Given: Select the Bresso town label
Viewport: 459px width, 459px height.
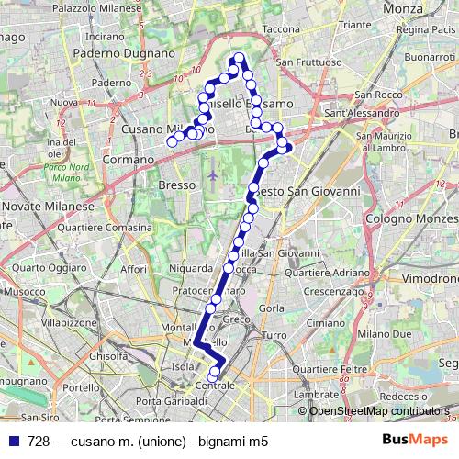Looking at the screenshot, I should tap(176, 185).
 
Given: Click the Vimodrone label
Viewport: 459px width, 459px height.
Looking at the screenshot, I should tap(430, 277).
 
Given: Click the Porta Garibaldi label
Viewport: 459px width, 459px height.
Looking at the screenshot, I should tap(170, 402).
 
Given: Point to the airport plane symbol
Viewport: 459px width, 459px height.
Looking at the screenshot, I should tap(214, 173).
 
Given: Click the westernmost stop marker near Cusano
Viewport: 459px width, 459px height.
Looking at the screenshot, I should tap(171, 141).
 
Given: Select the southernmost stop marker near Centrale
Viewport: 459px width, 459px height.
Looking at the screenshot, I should tap(213, 376).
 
